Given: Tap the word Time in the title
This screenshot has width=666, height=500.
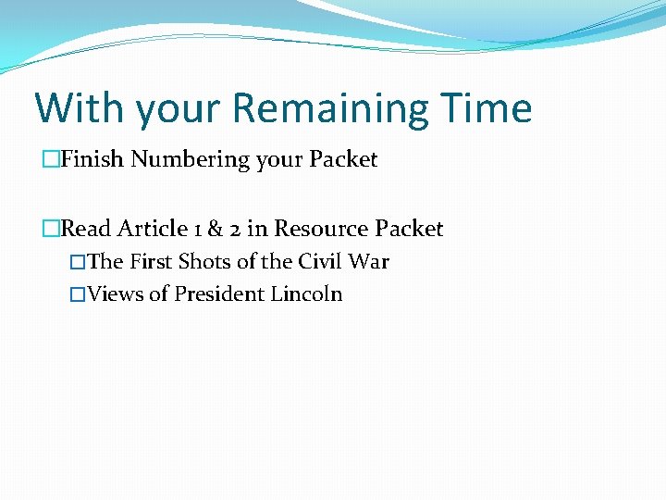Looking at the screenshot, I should tap(487, 108).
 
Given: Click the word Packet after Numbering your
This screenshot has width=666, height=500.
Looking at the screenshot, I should tap(343, 159).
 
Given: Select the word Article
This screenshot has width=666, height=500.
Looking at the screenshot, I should tap(152, 229).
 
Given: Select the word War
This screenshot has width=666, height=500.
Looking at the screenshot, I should tap(369, 261).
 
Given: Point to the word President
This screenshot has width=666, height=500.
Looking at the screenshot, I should tap(219, 294).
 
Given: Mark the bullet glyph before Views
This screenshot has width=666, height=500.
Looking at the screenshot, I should tap(78, 294).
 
